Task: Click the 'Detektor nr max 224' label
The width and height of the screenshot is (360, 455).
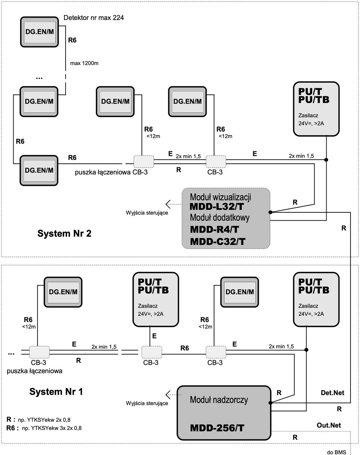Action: [94, 17]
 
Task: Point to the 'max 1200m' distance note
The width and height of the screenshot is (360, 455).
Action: [85, 63]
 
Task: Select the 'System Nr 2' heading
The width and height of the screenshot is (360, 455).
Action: [64, 233]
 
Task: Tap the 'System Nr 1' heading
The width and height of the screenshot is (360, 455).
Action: [56, 391]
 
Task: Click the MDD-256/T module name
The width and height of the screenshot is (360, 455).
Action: [217, 428]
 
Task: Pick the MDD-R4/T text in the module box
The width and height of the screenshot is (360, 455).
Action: [214, 229]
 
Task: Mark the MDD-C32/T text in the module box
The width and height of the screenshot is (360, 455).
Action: [218, 242]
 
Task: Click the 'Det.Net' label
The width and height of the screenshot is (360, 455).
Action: [332, 393]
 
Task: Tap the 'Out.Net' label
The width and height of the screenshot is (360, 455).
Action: [329, 425]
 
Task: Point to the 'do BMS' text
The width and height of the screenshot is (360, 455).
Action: [335, 452]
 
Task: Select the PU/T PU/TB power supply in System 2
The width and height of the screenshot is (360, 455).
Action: [316, 109]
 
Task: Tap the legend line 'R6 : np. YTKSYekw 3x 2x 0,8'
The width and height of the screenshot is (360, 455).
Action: [44, 428]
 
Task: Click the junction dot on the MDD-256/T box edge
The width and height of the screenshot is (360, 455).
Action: [270, 403]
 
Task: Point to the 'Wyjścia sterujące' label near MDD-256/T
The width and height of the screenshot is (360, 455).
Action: [147, 403]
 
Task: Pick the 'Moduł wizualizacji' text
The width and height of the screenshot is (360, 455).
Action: [221, 197]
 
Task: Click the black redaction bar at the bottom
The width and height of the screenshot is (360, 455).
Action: [86, 449]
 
